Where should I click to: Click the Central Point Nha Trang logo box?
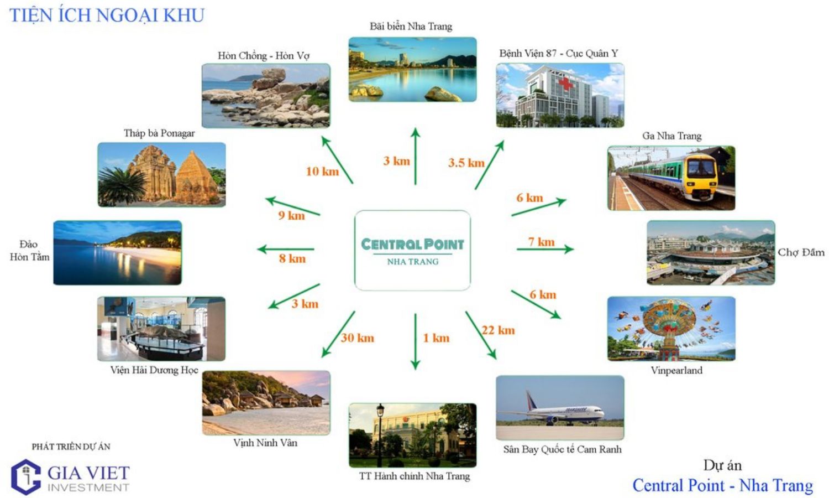tap(412, 250)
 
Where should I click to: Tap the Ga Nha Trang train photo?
tap(671, 178)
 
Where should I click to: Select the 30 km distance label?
tap(358, 338)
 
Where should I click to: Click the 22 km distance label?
tap(498, 330)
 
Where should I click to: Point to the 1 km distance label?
tap(436, 338)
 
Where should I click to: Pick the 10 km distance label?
tap(322, 171)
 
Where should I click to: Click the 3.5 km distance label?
tap(466, 163)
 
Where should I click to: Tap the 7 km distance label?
tap(541, 242)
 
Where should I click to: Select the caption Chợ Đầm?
tap(801, 252)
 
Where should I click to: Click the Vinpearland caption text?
tap(676, 370)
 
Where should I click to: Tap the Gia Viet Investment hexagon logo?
tap(26, 476)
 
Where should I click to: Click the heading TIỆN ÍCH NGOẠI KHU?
tap(107, 15)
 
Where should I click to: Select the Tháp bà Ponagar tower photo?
tap(161, 174)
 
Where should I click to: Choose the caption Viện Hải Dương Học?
tap(154, 370)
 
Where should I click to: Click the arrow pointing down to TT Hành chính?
tap(416, 341)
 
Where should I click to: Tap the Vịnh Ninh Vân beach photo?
tap(266, 402)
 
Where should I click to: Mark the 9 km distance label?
tap(291, 215)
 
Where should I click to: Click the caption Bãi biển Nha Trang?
tap(411, 26)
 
